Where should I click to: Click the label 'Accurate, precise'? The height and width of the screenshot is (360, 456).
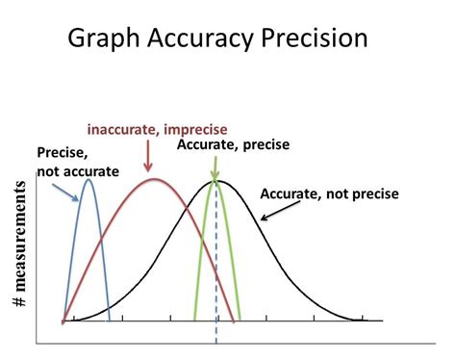tap(233, 144)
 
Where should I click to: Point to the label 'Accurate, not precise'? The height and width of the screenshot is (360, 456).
tap(328, 193)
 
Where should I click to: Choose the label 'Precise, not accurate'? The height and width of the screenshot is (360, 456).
tap(77, 162)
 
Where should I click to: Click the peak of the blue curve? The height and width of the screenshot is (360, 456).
tap(89, 180)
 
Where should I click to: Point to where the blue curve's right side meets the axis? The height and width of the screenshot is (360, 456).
tap(109, 320)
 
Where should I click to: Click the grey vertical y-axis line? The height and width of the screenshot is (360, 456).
tap(37, 270)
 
